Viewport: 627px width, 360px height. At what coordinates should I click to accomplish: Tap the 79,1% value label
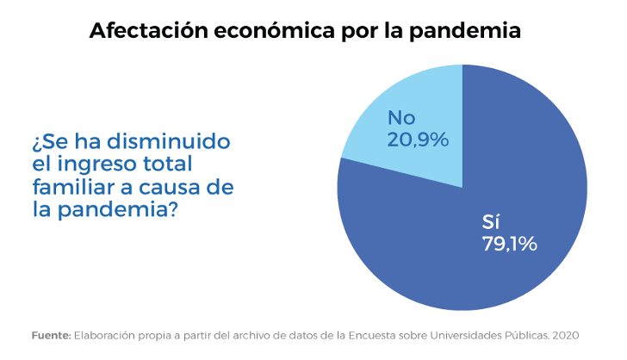[509, 244]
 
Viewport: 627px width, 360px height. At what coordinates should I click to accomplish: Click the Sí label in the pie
[491, 222]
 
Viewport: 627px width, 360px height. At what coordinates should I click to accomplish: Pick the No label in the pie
[401, 117]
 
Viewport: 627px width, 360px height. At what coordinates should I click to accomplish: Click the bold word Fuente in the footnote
[51, 334]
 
